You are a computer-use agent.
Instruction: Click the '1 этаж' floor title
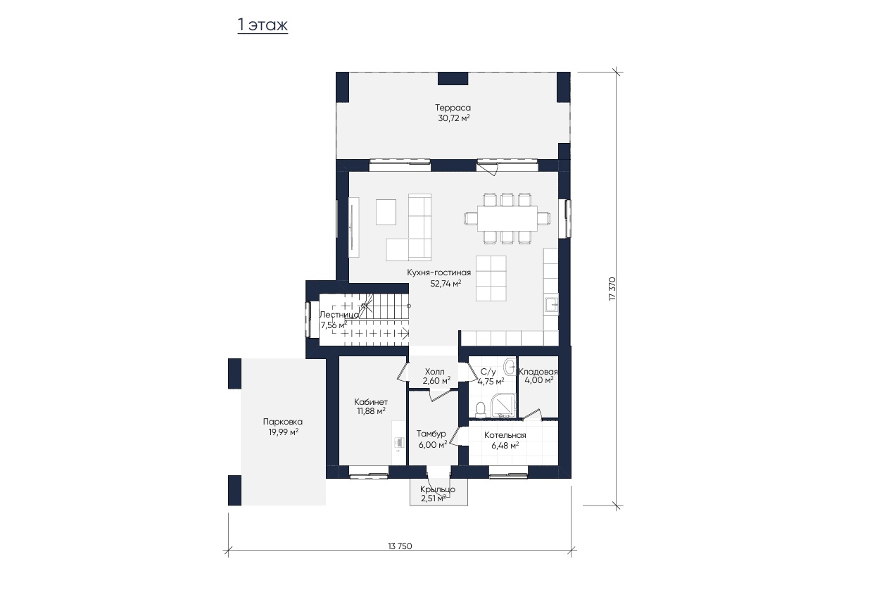(263, 25)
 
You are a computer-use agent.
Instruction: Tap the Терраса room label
(453, 107)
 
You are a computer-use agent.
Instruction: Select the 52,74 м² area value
(446, 283)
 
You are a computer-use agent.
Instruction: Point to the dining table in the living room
(507, 218)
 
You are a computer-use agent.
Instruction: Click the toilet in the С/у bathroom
(480, 410)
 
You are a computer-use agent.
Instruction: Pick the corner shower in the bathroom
(503, 406)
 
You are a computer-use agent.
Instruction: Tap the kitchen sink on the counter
(551, 304)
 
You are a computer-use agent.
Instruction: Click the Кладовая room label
(538, 371)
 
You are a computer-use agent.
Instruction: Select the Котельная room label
(505, 435)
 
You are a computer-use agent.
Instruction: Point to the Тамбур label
(431, 434)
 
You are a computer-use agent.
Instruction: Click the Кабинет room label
(371, 402)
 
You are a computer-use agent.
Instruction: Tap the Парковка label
(282, 422)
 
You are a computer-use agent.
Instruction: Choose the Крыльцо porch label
(438, 489)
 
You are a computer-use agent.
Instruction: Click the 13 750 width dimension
(400, 546)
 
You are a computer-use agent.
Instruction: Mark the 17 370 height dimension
(612, 289)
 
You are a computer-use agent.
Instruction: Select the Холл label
(434, 371)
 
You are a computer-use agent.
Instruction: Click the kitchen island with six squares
(491, 278)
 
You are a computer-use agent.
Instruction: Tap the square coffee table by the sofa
(386, 212)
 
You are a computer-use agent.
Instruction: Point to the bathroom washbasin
(510, 367)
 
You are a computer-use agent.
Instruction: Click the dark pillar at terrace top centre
(453, 79)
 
